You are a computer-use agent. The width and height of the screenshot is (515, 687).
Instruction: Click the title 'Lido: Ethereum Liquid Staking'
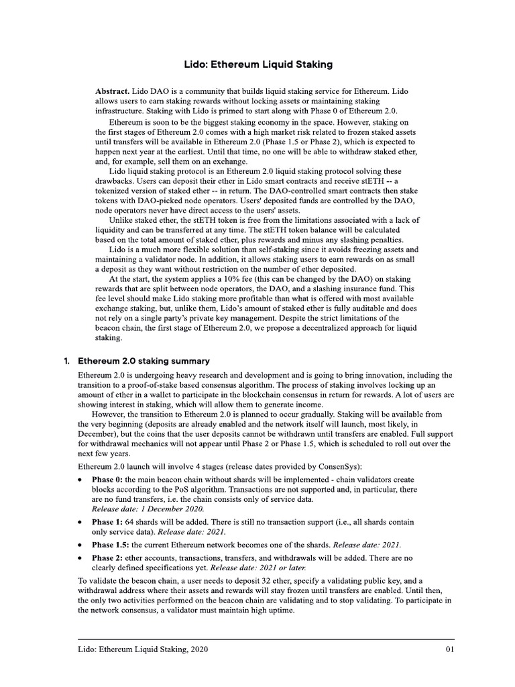258,65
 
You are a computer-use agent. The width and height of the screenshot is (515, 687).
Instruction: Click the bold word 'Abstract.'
113,91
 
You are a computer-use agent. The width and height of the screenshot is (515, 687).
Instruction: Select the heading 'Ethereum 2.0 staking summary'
144,361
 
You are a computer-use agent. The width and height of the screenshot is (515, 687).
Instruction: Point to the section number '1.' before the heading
67,361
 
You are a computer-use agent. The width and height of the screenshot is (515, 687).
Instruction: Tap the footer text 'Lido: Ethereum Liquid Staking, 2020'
143,649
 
